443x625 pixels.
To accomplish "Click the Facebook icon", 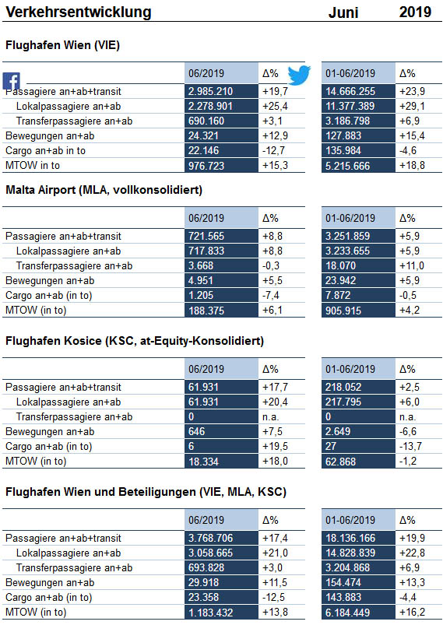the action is pyautogui.click(x=11, y=81).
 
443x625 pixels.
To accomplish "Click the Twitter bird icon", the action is pyautogui.click(x=299, y=75).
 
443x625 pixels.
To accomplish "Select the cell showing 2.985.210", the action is pyautogui.click(x=221, y=91).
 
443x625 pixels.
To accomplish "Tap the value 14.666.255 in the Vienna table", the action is pyautogui.click(x=358, y=91).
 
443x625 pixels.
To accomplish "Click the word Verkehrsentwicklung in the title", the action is pyautogui.click(x=79, y=12).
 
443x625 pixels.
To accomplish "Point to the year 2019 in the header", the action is pyautogui.click(x=415, y=12).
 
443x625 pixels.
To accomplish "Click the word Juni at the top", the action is pyautogui.click(x=343, y=12).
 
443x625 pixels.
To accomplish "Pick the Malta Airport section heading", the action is pyautogui.click(x=104, y=190).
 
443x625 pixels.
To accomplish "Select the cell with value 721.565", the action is pyautogui.click(x=221, y=236).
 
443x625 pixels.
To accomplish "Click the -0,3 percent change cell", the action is pyautogui.click(x=271, y=266).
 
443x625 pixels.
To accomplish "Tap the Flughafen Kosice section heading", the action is pyautogui.click(x=135, y=341).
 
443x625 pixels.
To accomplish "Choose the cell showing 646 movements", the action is pyautogui.click(x=221, y=432).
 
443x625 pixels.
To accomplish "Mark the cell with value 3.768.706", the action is pyautogui.click(x=221, y=538).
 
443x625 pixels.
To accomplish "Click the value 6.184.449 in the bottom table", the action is pyautogui.click(x=358, y=613).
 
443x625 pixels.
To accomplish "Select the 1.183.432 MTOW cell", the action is pyautogui.click(x=221, y=613).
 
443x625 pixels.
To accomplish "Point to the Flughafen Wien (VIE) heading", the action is pyautogui.click(x=62, y=45).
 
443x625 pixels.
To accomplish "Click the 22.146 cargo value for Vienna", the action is pyautogui.click(x=221, y=151).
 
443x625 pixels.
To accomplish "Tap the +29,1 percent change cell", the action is pyautogui.click(x=413, y=107).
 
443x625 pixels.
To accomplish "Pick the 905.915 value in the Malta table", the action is pyautogui.click(x=358, y=310).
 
